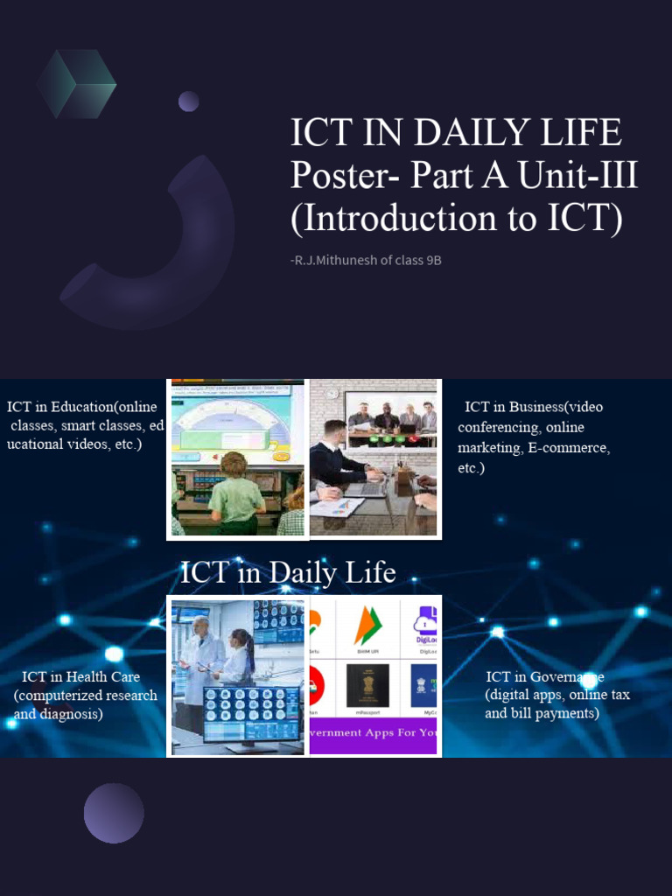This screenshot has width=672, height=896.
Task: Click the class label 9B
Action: click(x=430, y=260)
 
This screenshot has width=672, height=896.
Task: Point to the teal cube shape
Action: click(x=76, y=83)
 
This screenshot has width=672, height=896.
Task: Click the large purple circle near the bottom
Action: click(x=114, y=813)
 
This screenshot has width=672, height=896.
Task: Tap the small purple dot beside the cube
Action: click(x=188, y=101)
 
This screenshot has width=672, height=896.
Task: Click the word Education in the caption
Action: click(x=81, y=407)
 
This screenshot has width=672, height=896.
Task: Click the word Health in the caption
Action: click(x=90, y=677)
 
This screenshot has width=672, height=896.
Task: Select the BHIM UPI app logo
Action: click(x=367, y=626)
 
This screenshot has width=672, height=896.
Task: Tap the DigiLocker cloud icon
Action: click(x=426, y=623)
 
